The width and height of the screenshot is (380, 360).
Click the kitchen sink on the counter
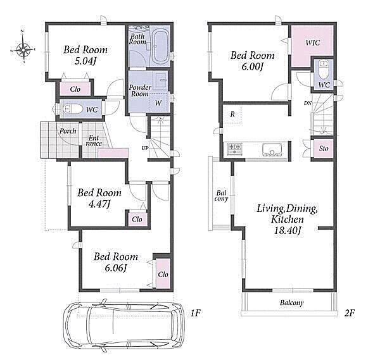[272, 149]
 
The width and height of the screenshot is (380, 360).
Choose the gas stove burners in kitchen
[234, 148]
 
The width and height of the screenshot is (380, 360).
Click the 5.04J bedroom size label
[85, 61]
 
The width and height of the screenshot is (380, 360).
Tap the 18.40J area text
[288, 230]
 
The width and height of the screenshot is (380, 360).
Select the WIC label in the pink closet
[313, 42]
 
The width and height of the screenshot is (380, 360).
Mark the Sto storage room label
[323, 148]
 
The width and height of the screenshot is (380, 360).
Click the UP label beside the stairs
[145, 148]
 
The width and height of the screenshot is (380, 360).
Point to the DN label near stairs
[308, 103]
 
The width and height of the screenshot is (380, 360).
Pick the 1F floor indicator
[195, 313]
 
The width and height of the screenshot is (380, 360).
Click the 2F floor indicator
[350, 313]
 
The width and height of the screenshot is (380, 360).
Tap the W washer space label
[158, 103]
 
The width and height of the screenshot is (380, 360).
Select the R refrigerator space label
[232, 114]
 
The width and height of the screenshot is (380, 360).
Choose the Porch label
[68, 131]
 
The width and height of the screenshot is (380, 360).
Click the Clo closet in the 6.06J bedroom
[163, 273]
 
